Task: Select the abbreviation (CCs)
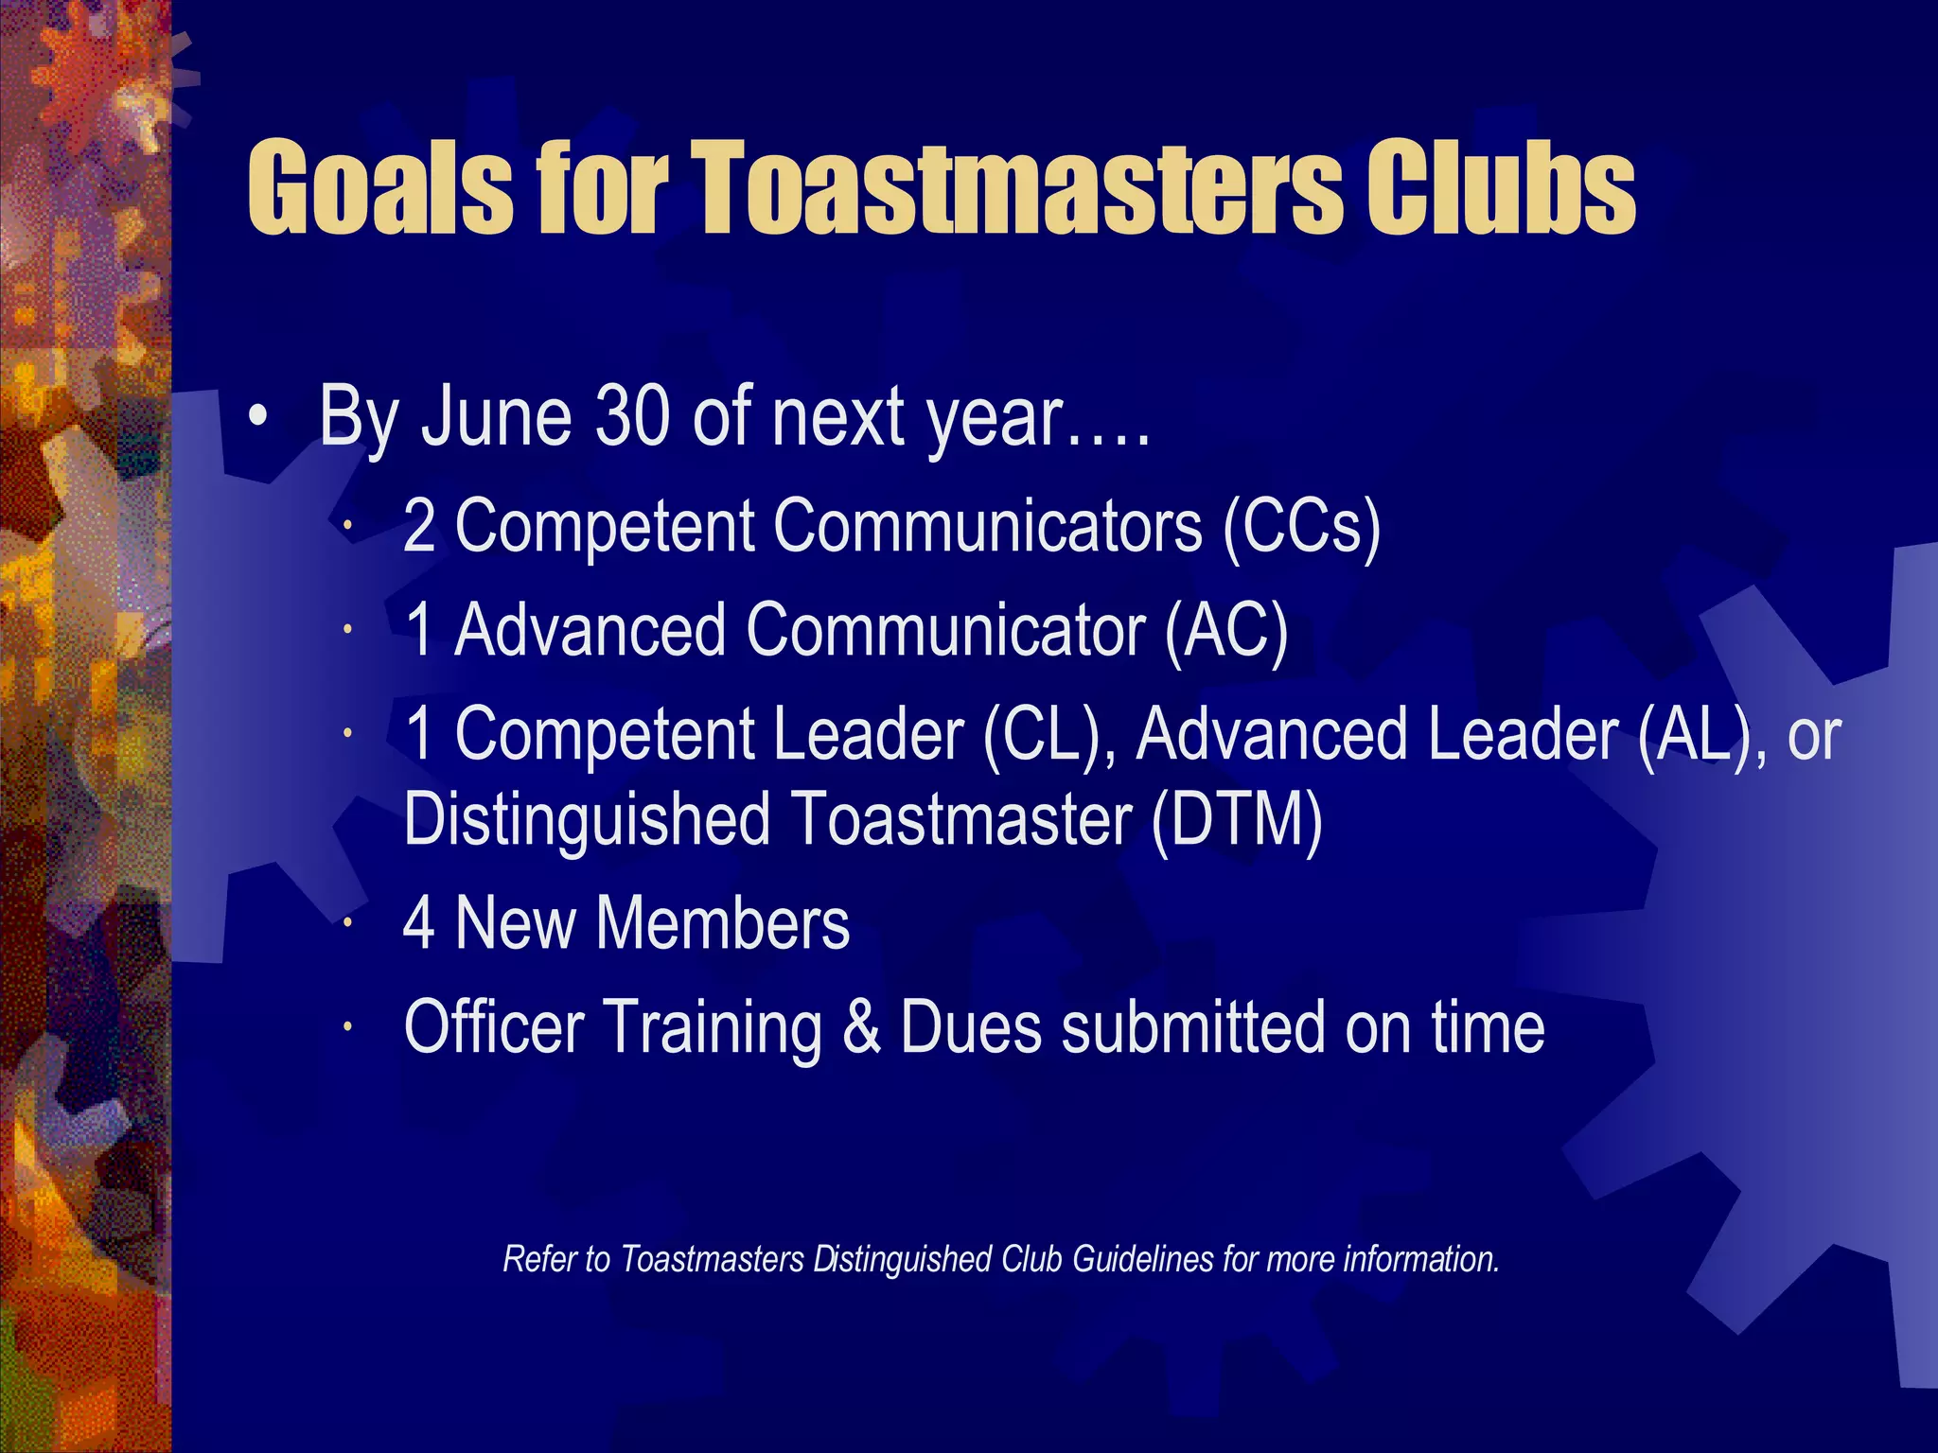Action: (x=1301, y=526)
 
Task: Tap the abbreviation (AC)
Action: (x=1226, y=630)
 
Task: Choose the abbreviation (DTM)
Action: (x=1236, y=819)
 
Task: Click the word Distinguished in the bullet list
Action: (x=587, y=819)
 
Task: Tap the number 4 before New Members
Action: (x=419, y=923)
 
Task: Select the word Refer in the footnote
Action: (x=534, y=1260)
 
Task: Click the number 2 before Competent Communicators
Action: (x=419, y=526)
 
